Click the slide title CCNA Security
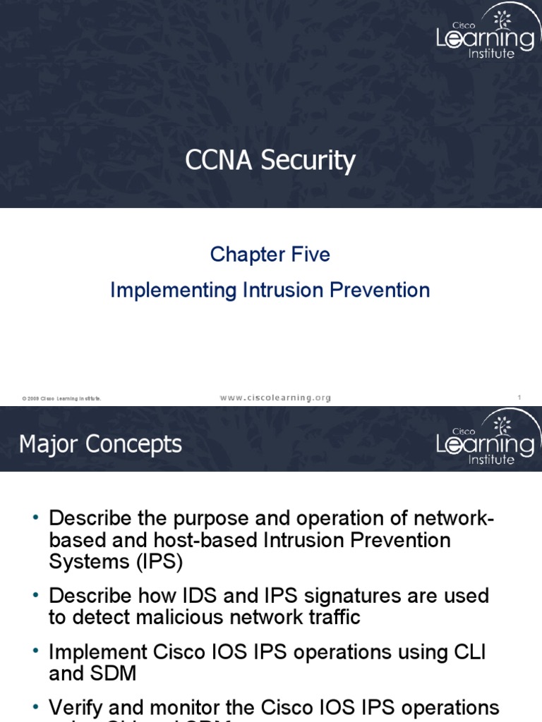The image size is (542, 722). [270, 161]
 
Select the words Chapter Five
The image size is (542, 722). [270, 255]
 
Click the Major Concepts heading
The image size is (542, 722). [100, 444]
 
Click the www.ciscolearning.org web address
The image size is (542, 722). [275, 398]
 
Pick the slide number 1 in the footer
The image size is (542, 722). [519, 398]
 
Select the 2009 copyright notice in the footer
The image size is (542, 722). [61, 399]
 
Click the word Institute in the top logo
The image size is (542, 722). [492, 54]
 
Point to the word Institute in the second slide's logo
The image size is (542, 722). [492, 460]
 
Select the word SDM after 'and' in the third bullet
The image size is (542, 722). [114, 673]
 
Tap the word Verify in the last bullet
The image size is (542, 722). [75, 707]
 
